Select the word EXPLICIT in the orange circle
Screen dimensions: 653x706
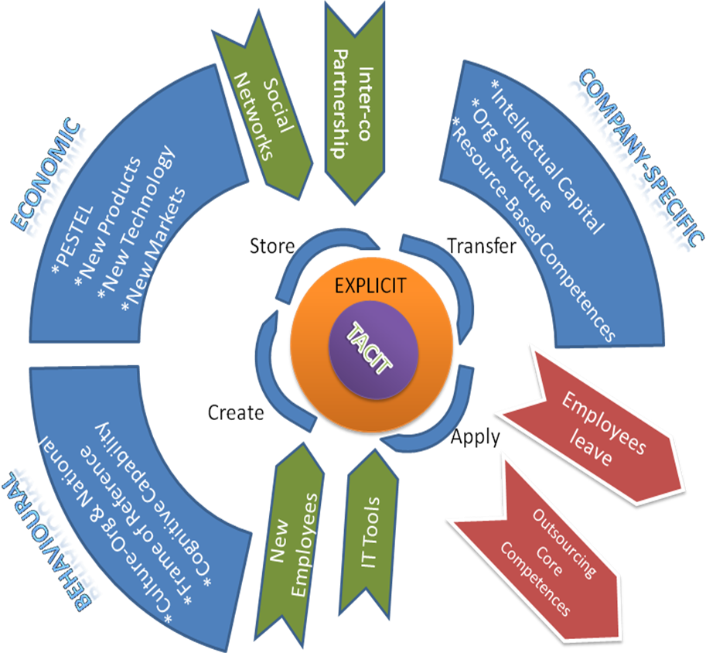pos(370,285)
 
